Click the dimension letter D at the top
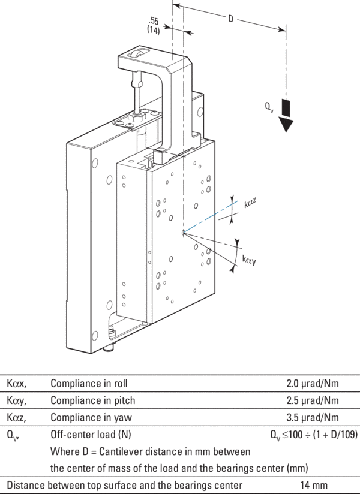(x=230, y=19)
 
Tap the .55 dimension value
(x=154, y=20)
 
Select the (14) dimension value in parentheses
(x=154, y=30)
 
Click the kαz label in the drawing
(x=251, y=203)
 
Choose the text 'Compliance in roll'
(x=89, y=382)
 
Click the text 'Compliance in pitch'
(x=93, y=400)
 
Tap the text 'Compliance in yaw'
(x=89, y=417)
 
